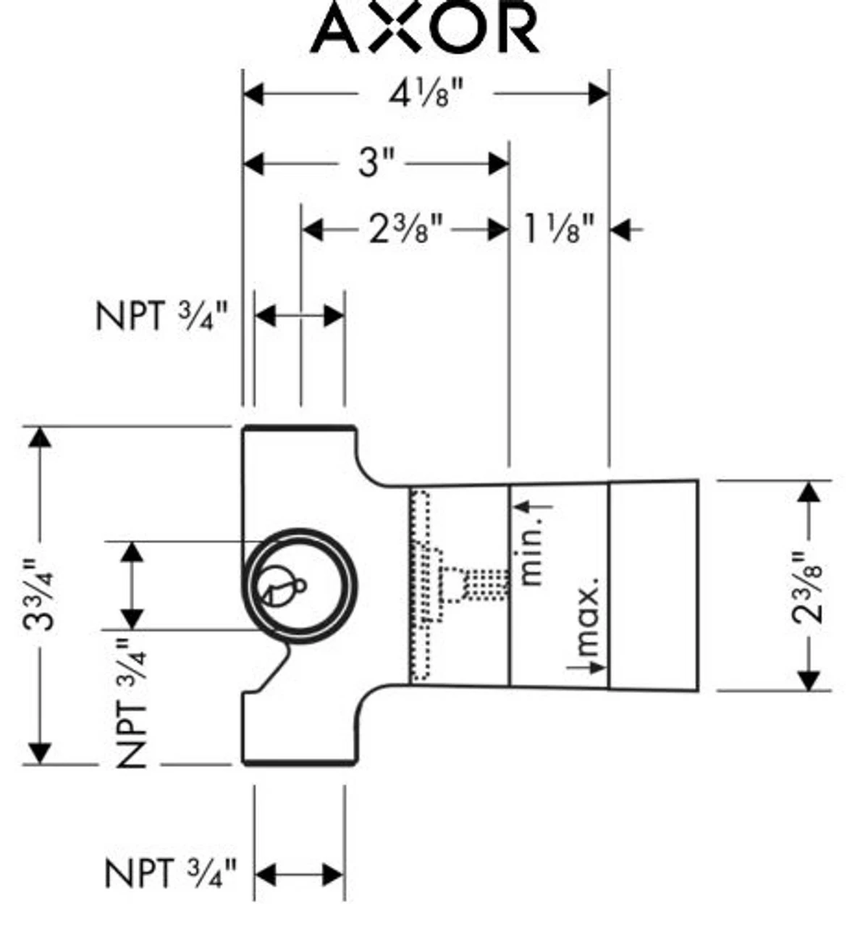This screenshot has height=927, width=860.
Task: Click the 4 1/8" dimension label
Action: [426, 94]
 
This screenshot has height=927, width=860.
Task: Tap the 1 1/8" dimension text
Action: [558, 230]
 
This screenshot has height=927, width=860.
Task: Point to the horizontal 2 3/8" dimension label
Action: [406, 230]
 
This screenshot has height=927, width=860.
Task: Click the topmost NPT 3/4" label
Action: [161, 316]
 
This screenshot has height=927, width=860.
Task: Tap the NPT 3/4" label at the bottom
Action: [170, 874]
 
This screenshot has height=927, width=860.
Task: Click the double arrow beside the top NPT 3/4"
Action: [299, 316]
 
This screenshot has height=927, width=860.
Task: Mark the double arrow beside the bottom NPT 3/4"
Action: [299, 874]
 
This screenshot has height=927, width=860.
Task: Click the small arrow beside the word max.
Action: [595, 667]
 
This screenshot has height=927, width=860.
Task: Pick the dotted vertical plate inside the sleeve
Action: [421, 587]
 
